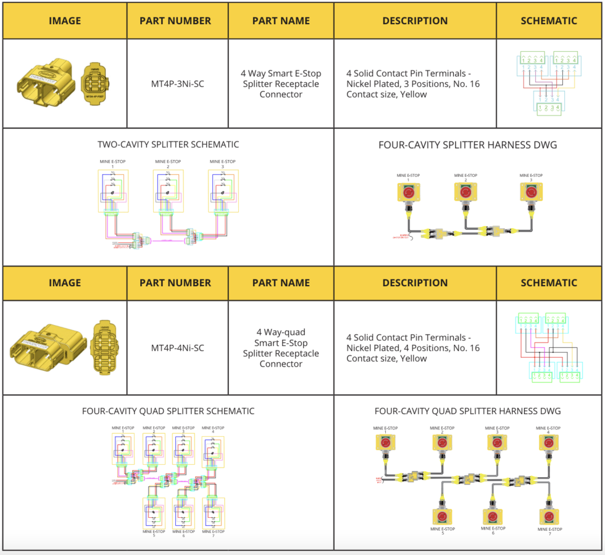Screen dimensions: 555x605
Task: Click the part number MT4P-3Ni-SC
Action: (x=177, y=84)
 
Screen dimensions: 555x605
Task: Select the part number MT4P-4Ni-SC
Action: (x=177, y=348)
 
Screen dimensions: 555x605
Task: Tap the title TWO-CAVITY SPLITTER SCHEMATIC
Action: (x=168, y=145)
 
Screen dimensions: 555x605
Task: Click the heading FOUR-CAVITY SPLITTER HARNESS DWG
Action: (x=467, y=145)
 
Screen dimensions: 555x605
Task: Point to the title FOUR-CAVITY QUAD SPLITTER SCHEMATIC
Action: (x=168, y=411)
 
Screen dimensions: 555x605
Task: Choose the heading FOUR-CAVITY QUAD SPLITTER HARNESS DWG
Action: (x=467, y=411)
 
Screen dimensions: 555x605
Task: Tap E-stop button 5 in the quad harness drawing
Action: (x=442, y=516)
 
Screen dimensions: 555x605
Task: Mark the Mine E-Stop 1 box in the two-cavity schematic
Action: (x=112, y=190)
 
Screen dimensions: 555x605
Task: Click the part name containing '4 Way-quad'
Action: (x=281, y=348)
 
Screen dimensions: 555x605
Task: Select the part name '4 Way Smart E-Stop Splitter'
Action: (x=281, y=84)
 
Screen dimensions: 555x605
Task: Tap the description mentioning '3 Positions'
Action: (x=413, y=84)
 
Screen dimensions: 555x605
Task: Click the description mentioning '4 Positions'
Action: (x=413, y=348)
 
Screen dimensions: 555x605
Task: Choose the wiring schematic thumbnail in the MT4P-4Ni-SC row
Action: (x=548, y=348)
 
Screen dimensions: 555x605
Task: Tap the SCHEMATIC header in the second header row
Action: (x=548, y=282)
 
